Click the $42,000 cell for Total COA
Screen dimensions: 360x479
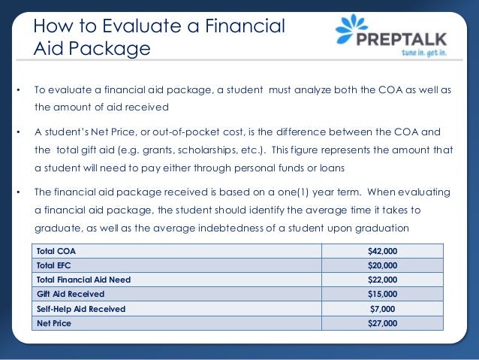coord(382,250)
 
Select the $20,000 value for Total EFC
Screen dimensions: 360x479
coord(382,265)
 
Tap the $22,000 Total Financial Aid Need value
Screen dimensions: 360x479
coord(382,280)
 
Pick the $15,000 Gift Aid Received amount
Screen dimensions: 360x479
coord(382,294)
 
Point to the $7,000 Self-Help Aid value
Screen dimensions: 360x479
coord(382,309)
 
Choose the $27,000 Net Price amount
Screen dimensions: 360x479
coord(382,323)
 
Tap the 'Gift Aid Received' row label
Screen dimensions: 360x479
coord(71,294)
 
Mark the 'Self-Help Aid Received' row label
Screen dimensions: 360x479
coord(81,309)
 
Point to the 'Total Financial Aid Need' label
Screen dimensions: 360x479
coord(83,280)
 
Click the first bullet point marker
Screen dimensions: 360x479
coord(17,91)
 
